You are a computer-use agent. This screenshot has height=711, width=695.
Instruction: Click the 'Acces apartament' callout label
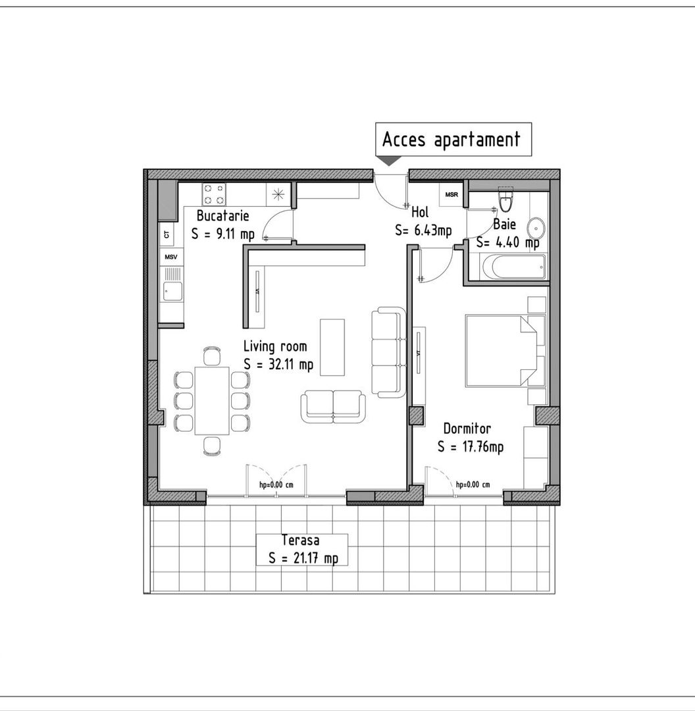(x=452, y=140)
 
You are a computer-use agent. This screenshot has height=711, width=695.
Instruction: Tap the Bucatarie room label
(x=222, y=216)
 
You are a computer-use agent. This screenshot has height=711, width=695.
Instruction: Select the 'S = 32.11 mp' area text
(x=278, y=363)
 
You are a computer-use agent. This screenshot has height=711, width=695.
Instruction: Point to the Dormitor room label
(x=467, y=429)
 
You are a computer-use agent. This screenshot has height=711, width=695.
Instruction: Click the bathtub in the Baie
(x=514, y=267)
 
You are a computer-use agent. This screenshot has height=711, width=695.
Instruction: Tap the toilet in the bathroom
(x=505, y=196)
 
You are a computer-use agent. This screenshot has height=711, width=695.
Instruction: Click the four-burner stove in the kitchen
(x=214, y=194)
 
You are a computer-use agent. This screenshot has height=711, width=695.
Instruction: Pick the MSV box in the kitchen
(x=171, y=257)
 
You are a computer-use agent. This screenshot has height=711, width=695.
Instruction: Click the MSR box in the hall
(x=451, y=195)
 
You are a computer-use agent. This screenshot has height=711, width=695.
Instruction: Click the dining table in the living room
(x=212, y=400)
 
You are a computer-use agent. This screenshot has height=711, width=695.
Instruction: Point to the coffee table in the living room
(x=332, y=347)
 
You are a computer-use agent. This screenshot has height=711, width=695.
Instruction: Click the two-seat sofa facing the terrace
(x=332, y=406)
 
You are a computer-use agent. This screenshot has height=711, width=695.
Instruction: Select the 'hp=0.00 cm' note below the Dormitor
(x=473, y=485)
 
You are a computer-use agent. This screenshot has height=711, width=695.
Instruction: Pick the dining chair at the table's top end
(x=211, y=356)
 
